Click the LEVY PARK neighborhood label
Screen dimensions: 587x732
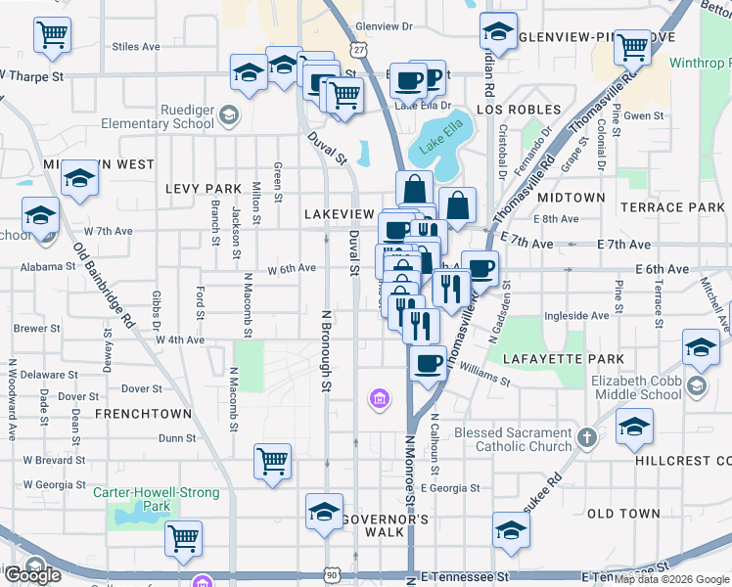[x=204, y=188]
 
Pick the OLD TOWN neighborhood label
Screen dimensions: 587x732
[x=623, y=513]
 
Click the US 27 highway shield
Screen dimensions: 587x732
[x=360, y=49]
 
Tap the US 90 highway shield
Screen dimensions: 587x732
[x=333, y=572]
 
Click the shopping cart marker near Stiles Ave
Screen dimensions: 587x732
[x=52, y=34]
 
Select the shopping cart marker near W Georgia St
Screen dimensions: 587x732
[x=272, y=462]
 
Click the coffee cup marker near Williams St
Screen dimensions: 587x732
[x=427, y=364]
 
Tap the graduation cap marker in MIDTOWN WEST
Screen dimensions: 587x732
[x=79, y=179]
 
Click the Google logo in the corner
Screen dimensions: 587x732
[x=31, y=575]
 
